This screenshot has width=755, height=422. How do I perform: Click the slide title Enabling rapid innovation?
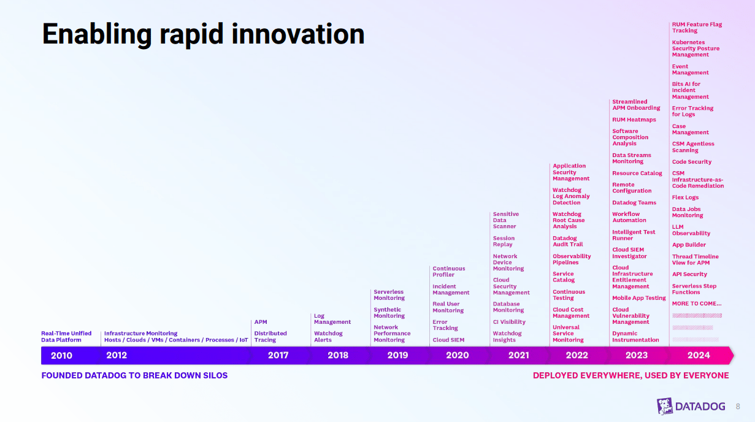[203, 34]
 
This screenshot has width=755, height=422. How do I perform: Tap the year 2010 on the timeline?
[61, 355]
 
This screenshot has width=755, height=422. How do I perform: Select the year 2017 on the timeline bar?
[278, 355]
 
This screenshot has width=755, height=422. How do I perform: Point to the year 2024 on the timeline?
[699, 355]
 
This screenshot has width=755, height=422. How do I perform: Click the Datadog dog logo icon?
[665, 406]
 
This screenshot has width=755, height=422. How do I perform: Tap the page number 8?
[738, 406]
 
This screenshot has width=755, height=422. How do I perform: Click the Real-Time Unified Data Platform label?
[66, 337]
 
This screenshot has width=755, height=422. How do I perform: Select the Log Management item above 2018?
[332, 319]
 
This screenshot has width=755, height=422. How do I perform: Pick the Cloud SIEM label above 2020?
[448, 340]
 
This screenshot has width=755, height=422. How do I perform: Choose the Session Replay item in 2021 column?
[504, 241]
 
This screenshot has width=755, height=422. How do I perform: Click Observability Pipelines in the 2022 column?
[572, 259]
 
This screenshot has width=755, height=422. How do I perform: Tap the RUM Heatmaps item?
[634, 120]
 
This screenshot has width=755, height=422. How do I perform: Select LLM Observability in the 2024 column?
[691, 230]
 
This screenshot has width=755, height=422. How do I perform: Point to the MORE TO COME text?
[696, 304]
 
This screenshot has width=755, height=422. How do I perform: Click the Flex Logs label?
[685, 198]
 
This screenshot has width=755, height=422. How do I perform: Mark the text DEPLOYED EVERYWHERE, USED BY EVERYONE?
[630, 375]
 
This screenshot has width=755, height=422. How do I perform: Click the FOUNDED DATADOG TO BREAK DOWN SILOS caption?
[134, 375]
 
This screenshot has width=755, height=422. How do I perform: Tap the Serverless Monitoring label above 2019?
[389, 295]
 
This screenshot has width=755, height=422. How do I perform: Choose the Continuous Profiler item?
[448, 271]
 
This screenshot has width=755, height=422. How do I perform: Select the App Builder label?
[689, 245]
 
